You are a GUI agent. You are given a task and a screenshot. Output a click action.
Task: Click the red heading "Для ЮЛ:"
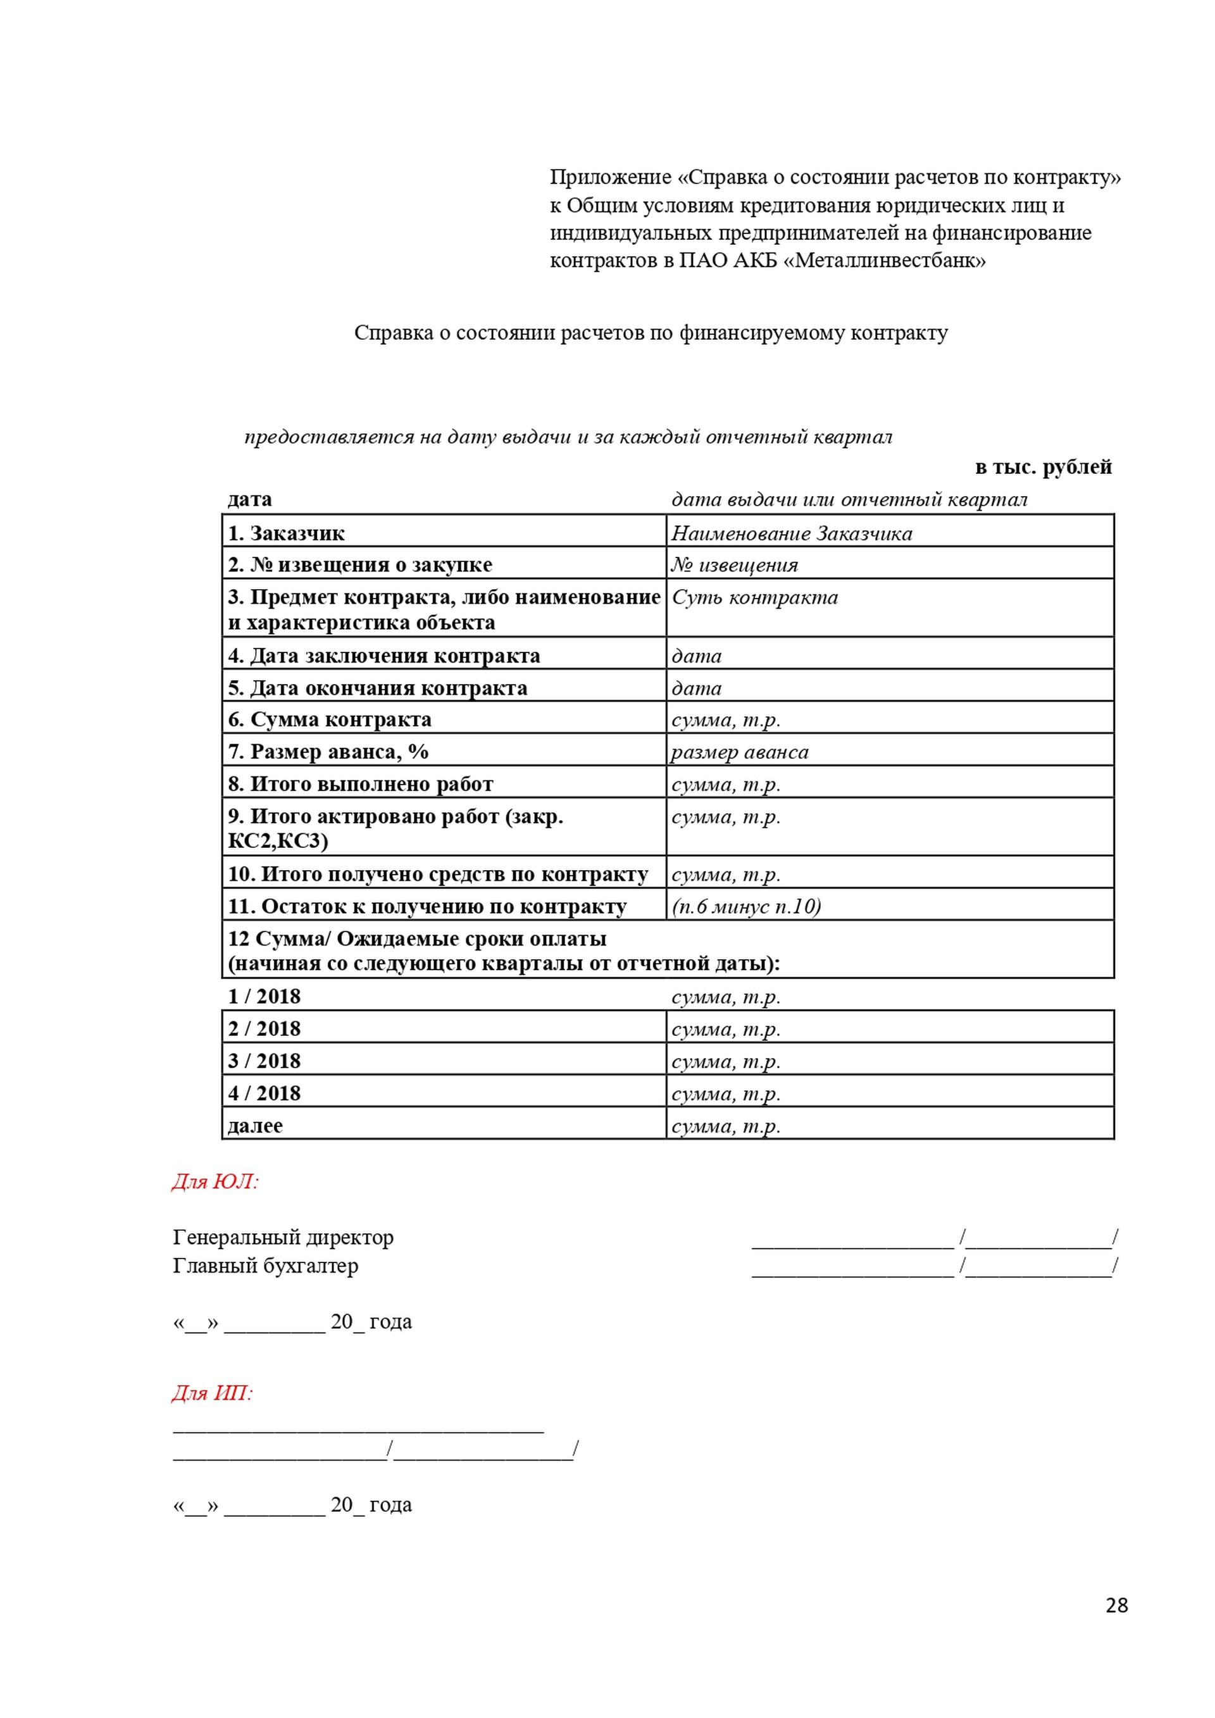[x=215, y=1181]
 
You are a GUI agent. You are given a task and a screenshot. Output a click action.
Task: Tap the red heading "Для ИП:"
[x=213, y=1393]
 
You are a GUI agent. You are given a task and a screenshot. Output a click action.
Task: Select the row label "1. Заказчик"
[x=287, y=533]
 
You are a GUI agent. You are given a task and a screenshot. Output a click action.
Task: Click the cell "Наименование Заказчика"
[x=792, y=533]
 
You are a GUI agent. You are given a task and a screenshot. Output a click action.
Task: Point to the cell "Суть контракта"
[x=754, y=597]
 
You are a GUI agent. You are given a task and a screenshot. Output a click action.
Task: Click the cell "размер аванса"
[x=739, y=752]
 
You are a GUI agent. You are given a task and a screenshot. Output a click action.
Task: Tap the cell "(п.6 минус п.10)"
[x=746, y=906]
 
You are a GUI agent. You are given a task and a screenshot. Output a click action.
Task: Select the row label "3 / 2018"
[x=264, y=1061]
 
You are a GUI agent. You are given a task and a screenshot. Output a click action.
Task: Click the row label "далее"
[x=255, y=1125]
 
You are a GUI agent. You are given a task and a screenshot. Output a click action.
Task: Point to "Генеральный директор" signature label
[x=283, y=1238]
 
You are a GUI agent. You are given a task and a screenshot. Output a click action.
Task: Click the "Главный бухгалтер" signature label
[x=266, y=1266]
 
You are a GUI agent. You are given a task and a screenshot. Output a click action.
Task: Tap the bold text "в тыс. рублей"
[x=1043, y=467]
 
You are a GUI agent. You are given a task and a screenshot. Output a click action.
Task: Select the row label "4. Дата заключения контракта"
[x=384, y=656]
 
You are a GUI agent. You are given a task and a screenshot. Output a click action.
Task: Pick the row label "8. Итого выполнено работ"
[x=361, y=784]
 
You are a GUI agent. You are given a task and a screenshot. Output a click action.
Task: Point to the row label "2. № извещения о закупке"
[x=360, y=565]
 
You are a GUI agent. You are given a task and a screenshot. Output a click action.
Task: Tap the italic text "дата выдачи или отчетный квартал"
[x=849, y=499]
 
